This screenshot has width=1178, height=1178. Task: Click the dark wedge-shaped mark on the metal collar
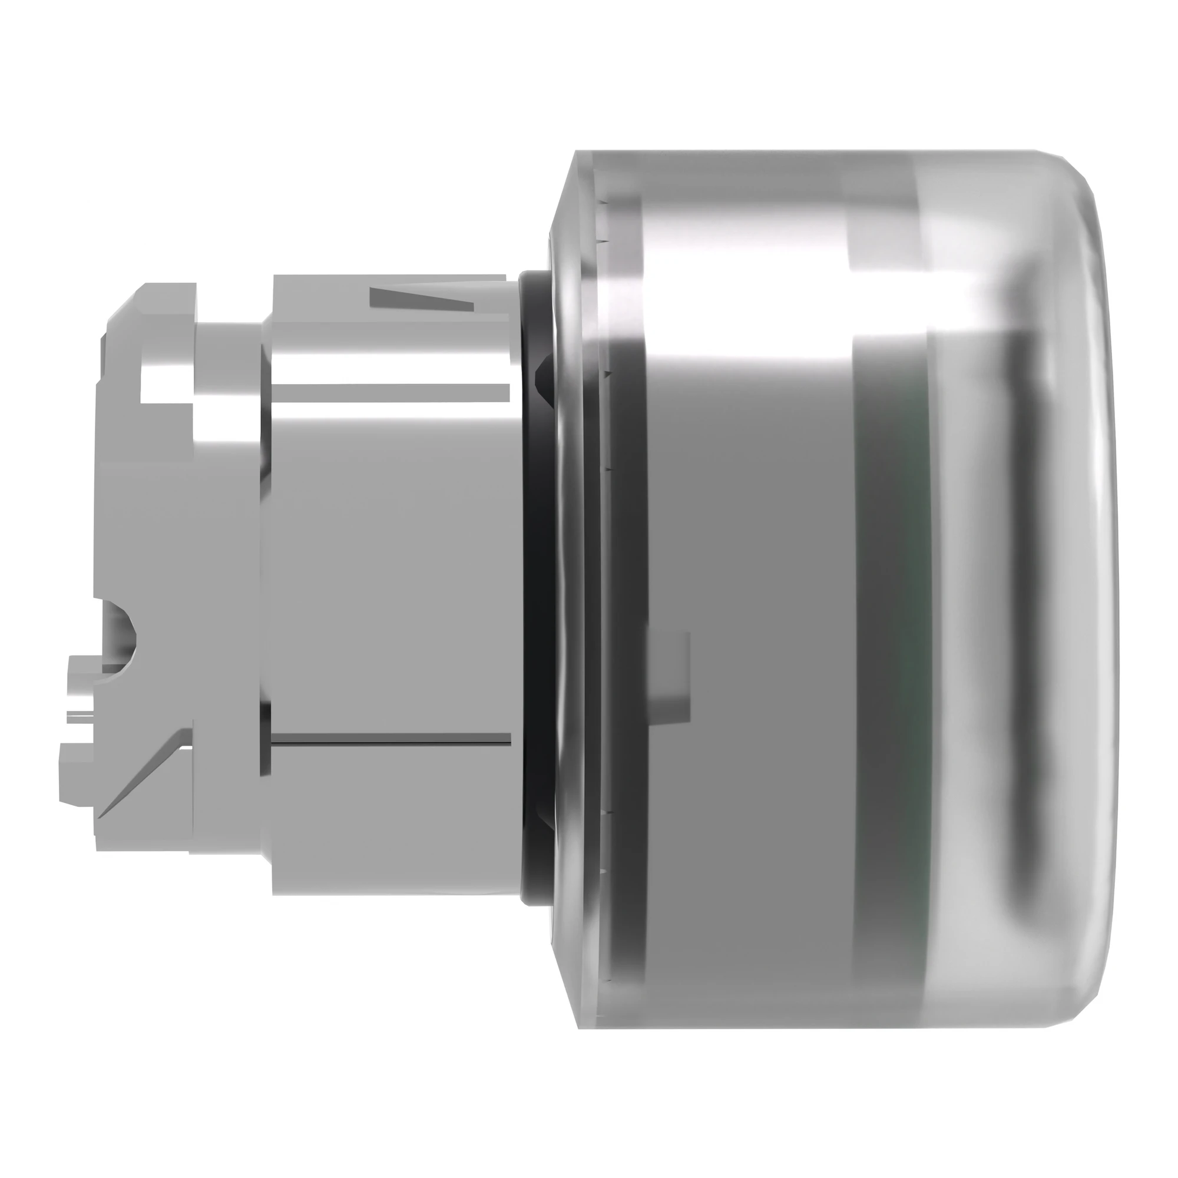[x=421, y=297]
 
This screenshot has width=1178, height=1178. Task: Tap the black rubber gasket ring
[x=532, y=549]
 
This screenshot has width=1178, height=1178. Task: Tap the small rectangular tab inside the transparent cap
[x=668, y=674]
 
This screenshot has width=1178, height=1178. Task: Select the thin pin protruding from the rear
[x=85, y=714]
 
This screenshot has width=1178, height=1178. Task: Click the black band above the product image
[x=589, y=49]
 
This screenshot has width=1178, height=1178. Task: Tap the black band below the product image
[x=589, y=1128]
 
